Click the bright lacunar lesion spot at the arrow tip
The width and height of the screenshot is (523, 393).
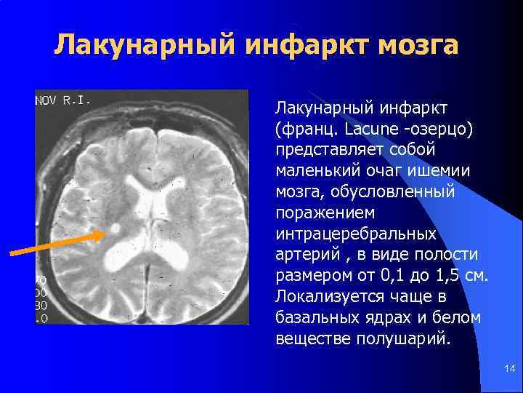tap(114, 228)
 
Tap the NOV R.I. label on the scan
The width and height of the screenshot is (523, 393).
tap(64, 101)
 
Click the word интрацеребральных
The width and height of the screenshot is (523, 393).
tap(356, 234)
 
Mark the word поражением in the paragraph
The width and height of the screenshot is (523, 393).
tap(323, 213)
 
